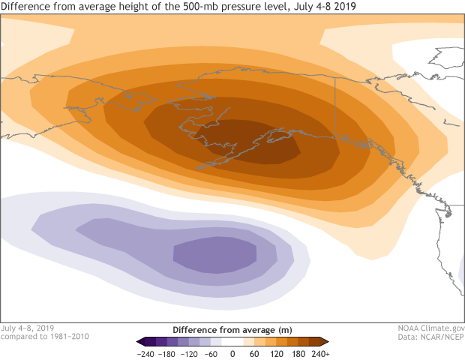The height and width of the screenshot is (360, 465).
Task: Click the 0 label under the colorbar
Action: (x=232, y=353)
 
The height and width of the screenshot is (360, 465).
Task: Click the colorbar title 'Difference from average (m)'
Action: (x=232, y=330)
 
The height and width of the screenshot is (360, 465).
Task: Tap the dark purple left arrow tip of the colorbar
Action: (x=139, y=341)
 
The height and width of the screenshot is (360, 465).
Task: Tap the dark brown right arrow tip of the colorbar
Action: (x=325, y=341)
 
